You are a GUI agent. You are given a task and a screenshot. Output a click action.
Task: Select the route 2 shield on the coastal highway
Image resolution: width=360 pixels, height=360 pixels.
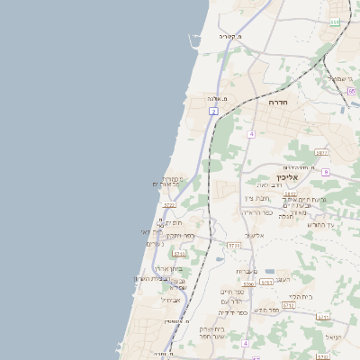(x=214, y=111)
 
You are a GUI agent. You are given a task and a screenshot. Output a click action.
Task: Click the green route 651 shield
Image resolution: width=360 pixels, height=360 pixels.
(x=335, y=22)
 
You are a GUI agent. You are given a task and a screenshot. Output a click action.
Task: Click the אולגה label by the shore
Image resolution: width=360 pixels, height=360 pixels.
(x=216, y=98)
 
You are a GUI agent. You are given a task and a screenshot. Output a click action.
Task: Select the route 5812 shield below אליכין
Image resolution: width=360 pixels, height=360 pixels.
(x=290, y=193)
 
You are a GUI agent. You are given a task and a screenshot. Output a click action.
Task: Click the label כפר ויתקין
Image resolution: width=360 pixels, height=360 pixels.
(x=180, y=235)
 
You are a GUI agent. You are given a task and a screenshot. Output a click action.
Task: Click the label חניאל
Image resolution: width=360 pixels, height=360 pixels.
(x=334, y=337)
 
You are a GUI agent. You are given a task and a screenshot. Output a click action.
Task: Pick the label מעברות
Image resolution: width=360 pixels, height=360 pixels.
(x=247, y=271)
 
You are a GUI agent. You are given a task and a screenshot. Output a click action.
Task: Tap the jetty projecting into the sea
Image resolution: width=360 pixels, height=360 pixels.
(x=191, y=40)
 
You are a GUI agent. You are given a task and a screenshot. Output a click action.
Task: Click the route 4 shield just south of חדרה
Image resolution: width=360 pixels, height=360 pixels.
(x=252, y=134)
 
